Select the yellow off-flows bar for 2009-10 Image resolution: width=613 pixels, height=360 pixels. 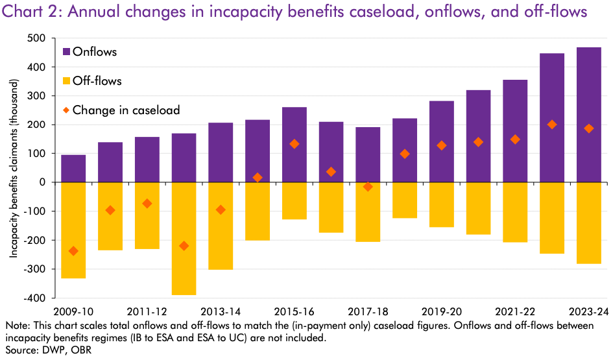click(73, 230)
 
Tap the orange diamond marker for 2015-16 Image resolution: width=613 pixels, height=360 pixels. click(294, 144)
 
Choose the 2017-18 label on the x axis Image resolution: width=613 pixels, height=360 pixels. click(367, 311)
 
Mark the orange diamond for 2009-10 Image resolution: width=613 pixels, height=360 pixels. click(73, 251)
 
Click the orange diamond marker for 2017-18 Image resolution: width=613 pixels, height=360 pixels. click(368, 187)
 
